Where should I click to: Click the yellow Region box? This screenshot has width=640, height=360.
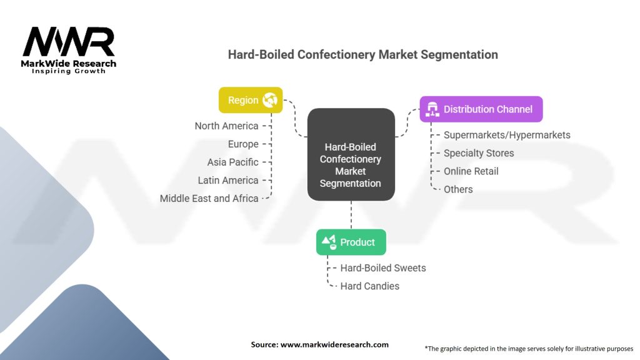pos(250,100)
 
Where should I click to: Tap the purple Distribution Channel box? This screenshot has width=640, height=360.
pos(481,109)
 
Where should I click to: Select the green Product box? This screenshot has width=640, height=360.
pos(351,242)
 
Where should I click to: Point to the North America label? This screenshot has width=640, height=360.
pos(226,126)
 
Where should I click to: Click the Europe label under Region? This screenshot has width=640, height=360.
pos(243,144)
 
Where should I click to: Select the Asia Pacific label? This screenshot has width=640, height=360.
pos(232,162)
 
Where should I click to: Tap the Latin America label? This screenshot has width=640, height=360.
pos(228,180)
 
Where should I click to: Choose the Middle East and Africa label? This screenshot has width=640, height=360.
pos(209,198)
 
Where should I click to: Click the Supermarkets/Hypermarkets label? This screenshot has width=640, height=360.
pos(507,135)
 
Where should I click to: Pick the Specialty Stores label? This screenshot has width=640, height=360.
pos(479,153)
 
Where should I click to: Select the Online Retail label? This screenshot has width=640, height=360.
pos(471,171)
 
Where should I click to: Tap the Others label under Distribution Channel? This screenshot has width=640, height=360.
pos(458,189)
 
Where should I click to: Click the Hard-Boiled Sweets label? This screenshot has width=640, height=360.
pos(383,268)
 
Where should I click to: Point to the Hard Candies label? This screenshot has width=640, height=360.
pos(370,286)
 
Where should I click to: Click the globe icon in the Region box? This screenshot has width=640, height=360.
pos(270,100)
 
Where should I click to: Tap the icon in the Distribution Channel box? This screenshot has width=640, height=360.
pos(431,109)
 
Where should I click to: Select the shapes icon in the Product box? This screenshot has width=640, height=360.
pos(329,242)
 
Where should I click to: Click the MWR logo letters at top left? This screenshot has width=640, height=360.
pos(69,42)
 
